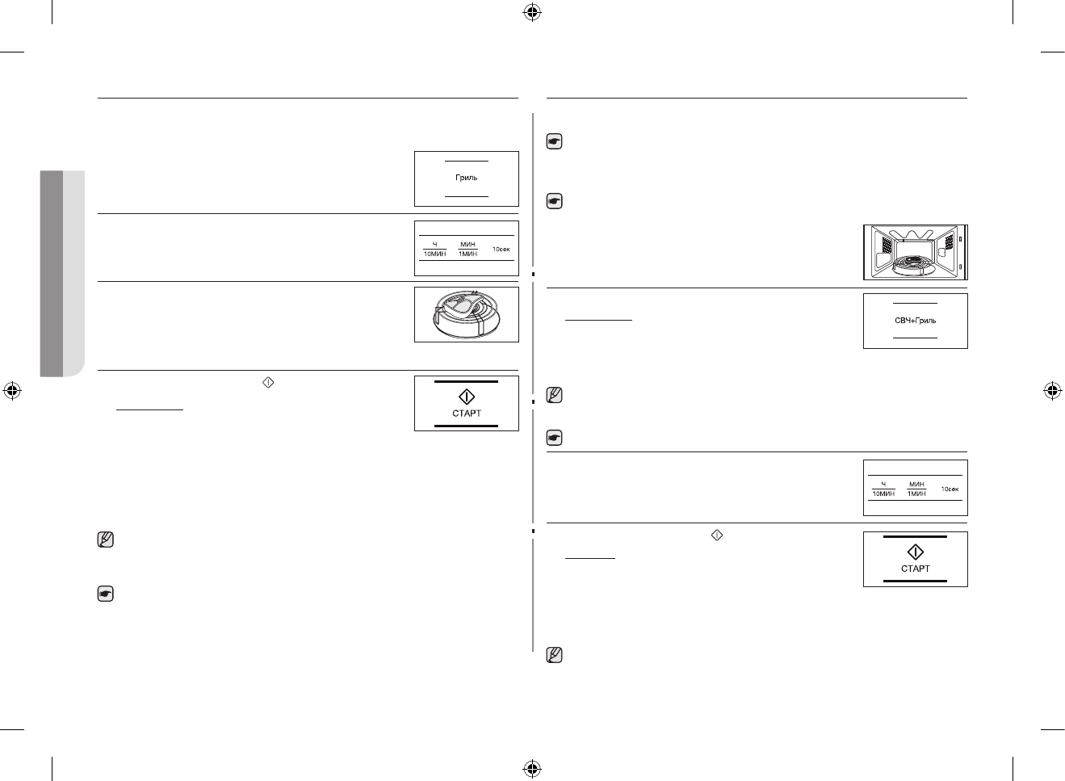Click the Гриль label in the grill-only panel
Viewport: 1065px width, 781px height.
point(466,178)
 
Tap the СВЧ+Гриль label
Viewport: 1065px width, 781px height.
point(915,321)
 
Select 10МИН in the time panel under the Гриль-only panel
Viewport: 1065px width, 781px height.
point(434,254)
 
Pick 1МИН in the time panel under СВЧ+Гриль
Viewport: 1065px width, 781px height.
point(916,493)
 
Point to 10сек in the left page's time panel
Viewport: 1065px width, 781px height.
point(501,249)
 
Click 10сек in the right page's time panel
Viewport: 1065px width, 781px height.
point(949,489)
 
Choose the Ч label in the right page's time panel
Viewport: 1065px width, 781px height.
point(883,484)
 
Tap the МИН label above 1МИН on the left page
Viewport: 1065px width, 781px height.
point(468,244)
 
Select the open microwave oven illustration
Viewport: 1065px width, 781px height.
point(915,252)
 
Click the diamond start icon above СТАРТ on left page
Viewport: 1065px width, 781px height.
point(467,397)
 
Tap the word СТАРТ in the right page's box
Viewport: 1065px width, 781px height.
point(915,569)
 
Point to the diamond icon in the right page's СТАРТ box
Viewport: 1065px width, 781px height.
point(915,552)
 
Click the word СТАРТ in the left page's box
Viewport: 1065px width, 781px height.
point(467,414)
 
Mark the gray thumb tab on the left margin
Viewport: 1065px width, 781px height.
point(62,273)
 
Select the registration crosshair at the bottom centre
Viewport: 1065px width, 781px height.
point(531,768)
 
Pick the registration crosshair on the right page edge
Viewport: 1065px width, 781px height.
point(1051,391)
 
